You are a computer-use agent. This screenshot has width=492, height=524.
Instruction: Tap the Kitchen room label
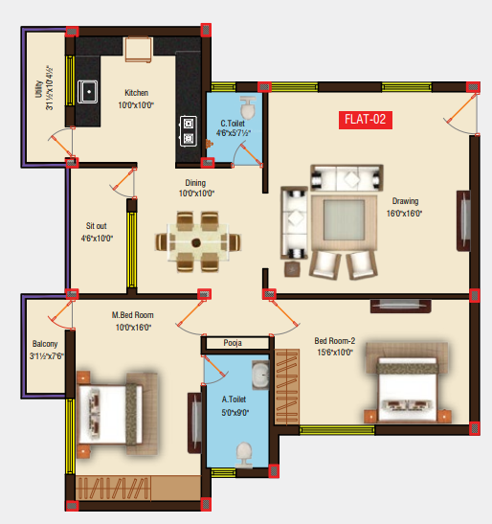136,93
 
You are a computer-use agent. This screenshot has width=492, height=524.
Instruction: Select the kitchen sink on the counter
90,92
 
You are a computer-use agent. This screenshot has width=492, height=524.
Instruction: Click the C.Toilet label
235,123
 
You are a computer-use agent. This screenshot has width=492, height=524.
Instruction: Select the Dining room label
196,182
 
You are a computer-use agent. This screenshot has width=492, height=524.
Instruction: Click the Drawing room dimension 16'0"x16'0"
405,214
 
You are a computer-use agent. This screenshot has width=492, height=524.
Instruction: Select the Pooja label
233,342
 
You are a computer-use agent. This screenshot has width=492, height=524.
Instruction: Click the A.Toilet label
235,399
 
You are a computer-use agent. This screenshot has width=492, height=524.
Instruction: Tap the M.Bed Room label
132,315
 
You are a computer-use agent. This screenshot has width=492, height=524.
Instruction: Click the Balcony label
43,344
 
